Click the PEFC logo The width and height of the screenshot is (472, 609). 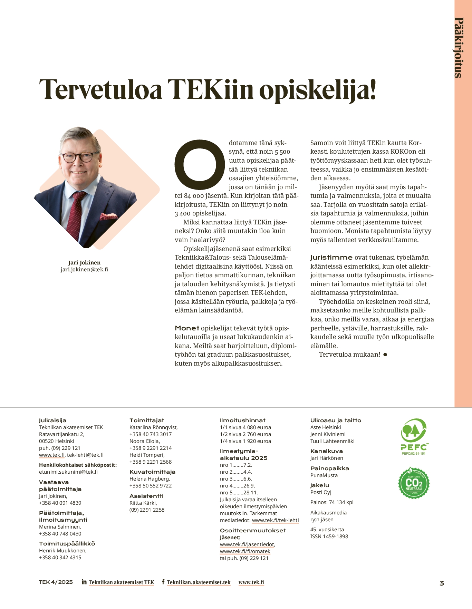coord(414,436)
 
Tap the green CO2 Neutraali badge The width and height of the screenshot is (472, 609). coord(414,483)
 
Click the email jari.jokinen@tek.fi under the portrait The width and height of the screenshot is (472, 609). coord(84,270)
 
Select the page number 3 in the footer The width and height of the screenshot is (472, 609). coord(442,583)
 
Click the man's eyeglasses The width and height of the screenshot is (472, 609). coord(80,157)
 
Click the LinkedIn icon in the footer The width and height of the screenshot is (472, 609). coord(84,582)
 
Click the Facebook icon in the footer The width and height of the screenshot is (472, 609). coord(163,582)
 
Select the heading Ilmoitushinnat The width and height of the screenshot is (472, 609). coord(242,420)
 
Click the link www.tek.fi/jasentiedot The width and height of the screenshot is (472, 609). coord(247,544)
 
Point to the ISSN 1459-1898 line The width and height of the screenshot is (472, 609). coord(329,536)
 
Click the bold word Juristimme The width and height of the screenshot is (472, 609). coord(331,258)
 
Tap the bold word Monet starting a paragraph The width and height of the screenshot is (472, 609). coord(187,328)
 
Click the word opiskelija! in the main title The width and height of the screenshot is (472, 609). coord(317,89)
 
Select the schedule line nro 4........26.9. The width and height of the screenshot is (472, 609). coord(237,486)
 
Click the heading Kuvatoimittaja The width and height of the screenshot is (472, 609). coord(152,472)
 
